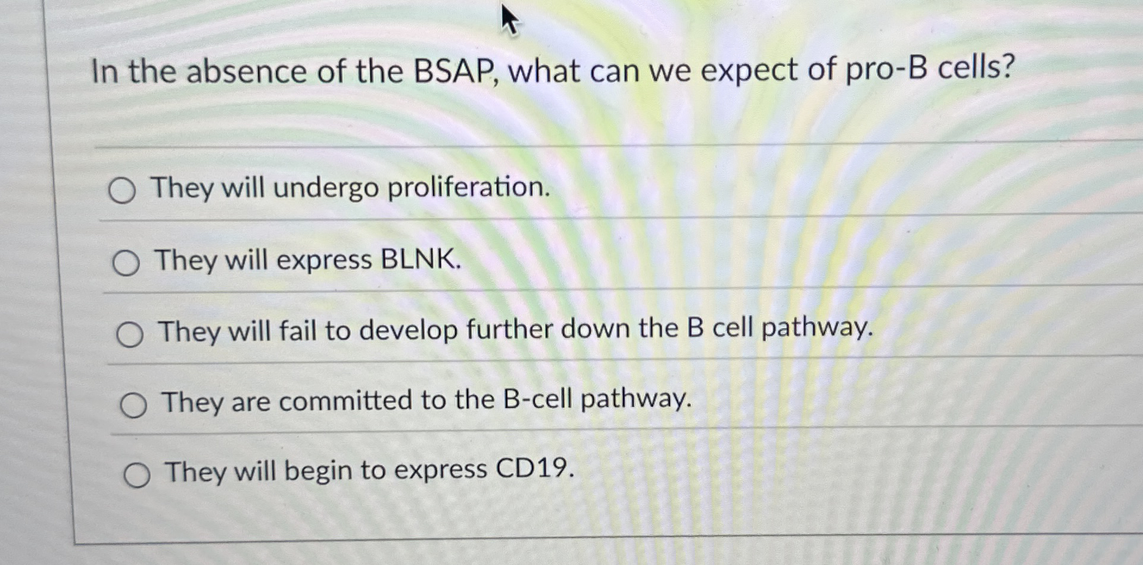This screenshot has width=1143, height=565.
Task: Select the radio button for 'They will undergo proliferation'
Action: coord(122,191)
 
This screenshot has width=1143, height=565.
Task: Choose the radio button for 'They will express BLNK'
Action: coord(126,263)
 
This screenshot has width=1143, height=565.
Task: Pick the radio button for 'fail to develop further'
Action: coord(129,335)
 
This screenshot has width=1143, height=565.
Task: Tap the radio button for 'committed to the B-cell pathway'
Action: coord(133,406)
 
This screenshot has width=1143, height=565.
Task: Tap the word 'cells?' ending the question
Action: coord(976,68)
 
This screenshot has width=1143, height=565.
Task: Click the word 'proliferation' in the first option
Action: coord(468,188)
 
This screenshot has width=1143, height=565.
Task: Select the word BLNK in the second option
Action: coord(420,260)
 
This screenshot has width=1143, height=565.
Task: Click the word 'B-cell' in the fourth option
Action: coord(537,399)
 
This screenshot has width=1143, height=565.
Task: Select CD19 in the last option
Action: coord(534,469)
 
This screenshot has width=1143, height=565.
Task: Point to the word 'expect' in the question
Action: coord(750,70)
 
